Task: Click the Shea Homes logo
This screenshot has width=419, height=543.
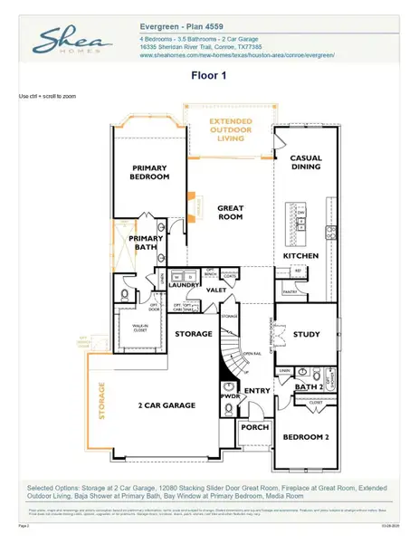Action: point(72,43)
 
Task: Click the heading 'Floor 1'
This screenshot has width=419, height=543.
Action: point(210,78)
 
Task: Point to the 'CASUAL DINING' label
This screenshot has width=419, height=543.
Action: point(306,163)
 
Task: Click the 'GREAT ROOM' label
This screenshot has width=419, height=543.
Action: point(231,213)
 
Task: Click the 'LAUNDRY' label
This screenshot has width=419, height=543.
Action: point(183,285)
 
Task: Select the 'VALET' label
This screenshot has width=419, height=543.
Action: point(216,291)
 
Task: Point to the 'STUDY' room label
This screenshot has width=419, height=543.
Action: point(307,335)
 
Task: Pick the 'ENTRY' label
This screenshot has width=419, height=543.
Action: point(256,391)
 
